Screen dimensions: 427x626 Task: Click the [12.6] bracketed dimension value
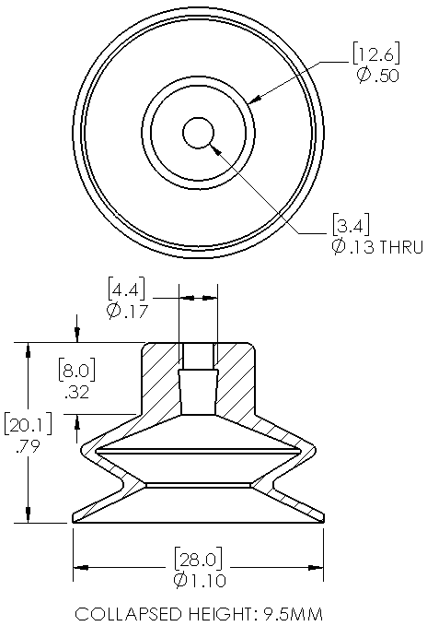pyautogui.click(x=376, y=53)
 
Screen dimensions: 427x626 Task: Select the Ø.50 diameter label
pyautogui.click(x=377, y=75)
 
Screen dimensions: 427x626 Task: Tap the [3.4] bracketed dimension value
pyautogui.click(x=351, y=225)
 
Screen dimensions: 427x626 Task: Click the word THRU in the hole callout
pyautogui.click(x=400, y=247)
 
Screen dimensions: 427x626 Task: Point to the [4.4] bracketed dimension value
pyautogui.click(x=126, y=289)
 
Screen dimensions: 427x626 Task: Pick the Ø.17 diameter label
pyautogui.click(x=127, y=311)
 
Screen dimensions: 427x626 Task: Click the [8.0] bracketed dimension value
pyautogui.click(x=77, y=371)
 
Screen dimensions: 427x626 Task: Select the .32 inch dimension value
pyautogui.click(x=77, y=392)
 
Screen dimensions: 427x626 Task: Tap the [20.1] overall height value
pyautogui.click(x=29, y=424)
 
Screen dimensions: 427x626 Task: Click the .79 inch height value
pyautogui.click(x=28, y=446)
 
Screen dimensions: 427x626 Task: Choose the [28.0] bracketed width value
pyautogui.click(x=199, y=559)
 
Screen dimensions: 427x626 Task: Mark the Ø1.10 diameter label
pyautogui.click(x=200, y=580)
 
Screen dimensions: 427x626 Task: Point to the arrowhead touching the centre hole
pyautogui.click(x=215, y=149)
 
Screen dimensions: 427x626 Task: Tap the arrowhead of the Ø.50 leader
pyautogui.click(x=255, y=99)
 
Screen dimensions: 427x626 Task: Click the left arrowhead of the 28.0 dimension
pyautogui.click(x=80, y=567)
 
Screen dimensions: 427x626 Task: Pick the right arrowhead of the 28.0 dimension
pyautogui.click(x=316, y=567)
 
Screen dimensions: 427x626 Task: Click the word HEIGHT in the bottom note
pyautogui.click(x=219, y=614)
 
